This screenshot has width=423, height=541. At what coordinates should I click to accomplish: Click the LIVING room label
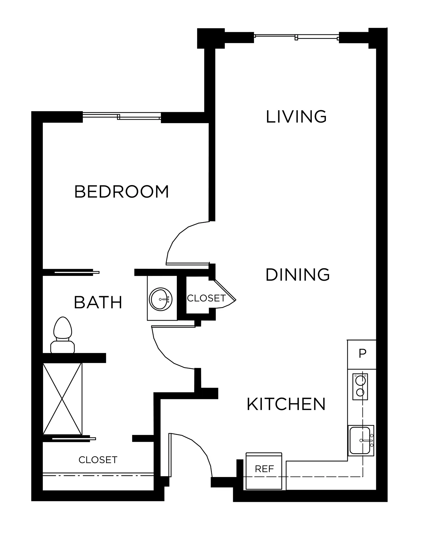point(296,117)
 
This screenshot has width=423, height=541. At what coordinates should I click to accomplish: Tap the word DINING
point(298,275)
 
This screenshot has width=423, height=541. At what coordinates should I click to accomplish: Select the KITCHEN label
point(286,404)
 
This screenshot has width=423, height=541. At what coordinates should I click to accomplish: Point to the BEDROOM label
point(122,192)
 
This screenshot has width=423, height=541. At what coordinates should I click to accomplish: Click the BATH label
point(98,302)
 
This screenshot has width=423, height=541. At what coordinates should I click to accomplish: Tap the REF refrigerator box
point(264,471)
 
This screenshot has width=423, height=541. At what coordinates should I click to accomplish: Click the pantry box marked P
point(362,354)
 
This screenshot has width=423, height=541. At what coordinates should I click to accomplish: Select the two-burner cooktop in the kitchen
point(360,387)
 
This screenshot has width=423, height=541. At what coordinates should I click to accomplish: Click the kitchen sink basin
point(360,440)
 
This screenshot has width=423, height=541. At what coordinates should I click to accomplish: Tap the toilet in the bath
point(63,335)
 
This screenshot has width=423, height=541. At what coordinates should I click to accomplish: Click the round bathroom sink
point(161,299)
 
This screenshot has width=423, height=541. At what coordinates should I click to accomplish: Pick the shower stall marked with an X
point(62,399)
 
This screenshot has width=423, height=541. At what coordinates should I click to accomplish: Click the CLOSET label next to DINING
point(206,298)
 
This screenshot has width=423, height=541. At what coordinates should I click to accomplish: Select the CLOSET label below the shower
point(98,460)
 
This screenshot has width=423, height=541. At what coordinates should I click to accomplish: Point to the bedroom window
point(122,116)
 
